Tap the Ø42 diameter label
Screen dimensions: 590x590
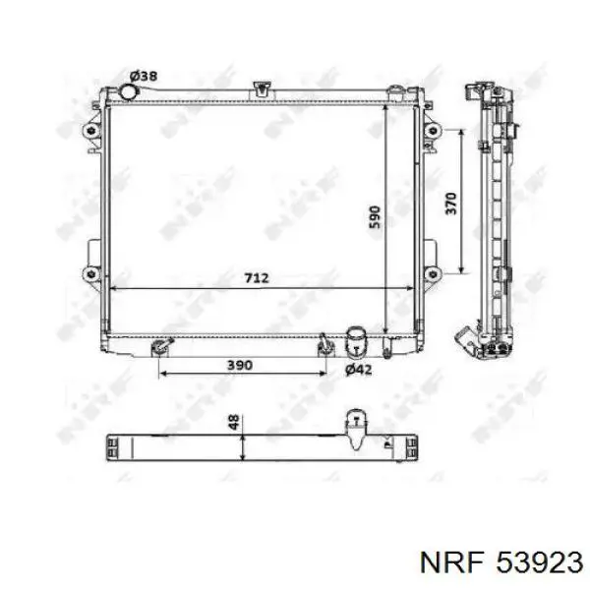(x=358, y=369)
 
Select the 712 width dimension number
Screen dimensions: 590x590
(x=256, y=279)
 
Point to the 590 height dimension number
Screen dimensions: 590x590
(x=375, y=218)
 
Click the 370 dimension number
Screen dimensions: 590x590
(x=450, y=204)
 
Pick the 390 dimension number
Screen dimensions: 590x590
(x=241, y=365)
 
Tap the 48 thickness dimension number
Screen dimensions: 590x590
(x=233, y=424)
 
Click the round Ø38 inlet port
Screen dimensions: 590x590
(x=127, y=91)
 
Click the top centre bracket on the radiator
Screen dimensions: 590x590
(x=261, y=88)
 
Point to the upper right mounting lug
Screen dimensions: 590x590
(x=430, y=131)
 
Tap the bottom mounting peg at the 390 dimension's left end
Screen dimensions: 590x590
(x=159, y=346)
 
